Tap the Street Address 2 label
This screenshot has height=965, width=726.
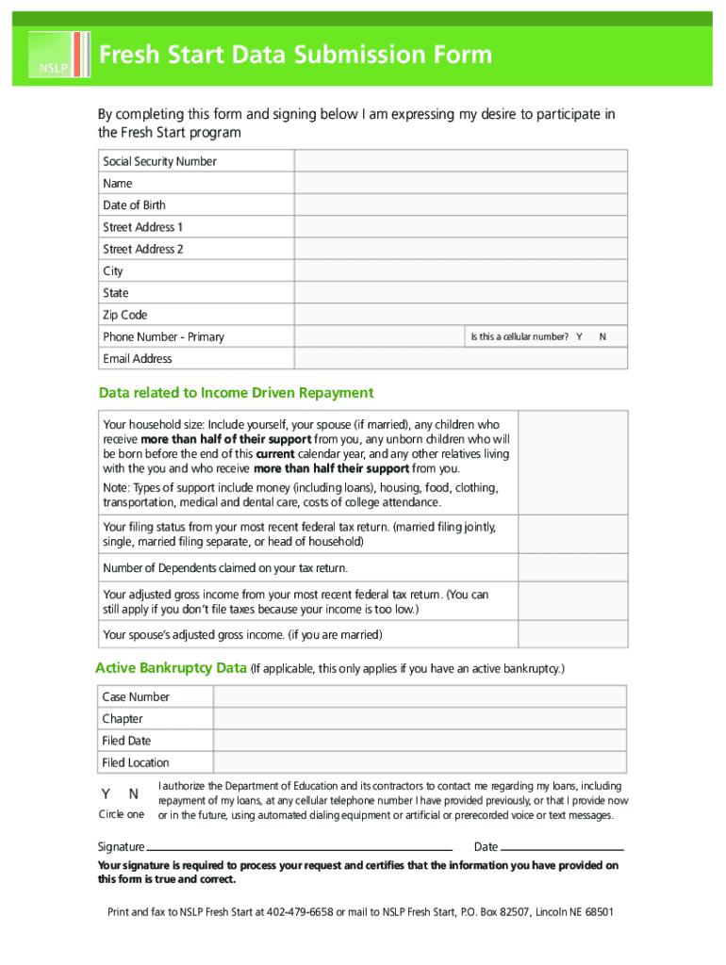coord(143,250)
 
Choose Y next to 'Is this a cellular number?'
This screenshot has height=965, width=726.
coord(579,337)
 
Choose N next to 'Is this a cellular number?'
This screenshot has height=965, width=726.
coord(602,337)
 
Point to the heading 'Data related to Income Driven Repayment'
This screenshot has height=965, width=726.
coord(237,393)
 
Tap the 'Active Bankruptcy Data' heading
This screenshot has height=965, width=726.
coord(171,669)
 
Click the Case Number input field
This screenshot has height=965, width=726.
coord(420,697)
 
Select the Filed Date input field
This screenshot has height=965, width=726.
coord(420,741)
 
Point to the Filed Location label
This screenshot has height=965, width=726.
coord(136,763)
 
